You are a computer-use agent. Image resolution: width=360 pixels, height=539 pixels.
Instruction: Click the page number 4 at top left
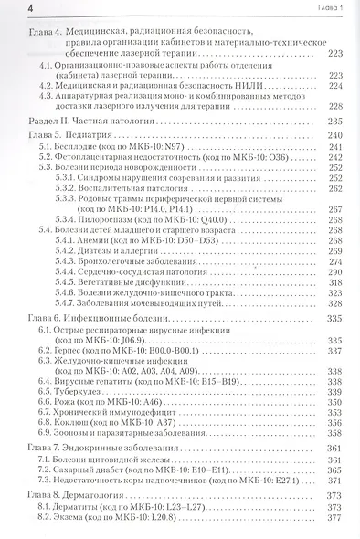click(8, 9)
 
